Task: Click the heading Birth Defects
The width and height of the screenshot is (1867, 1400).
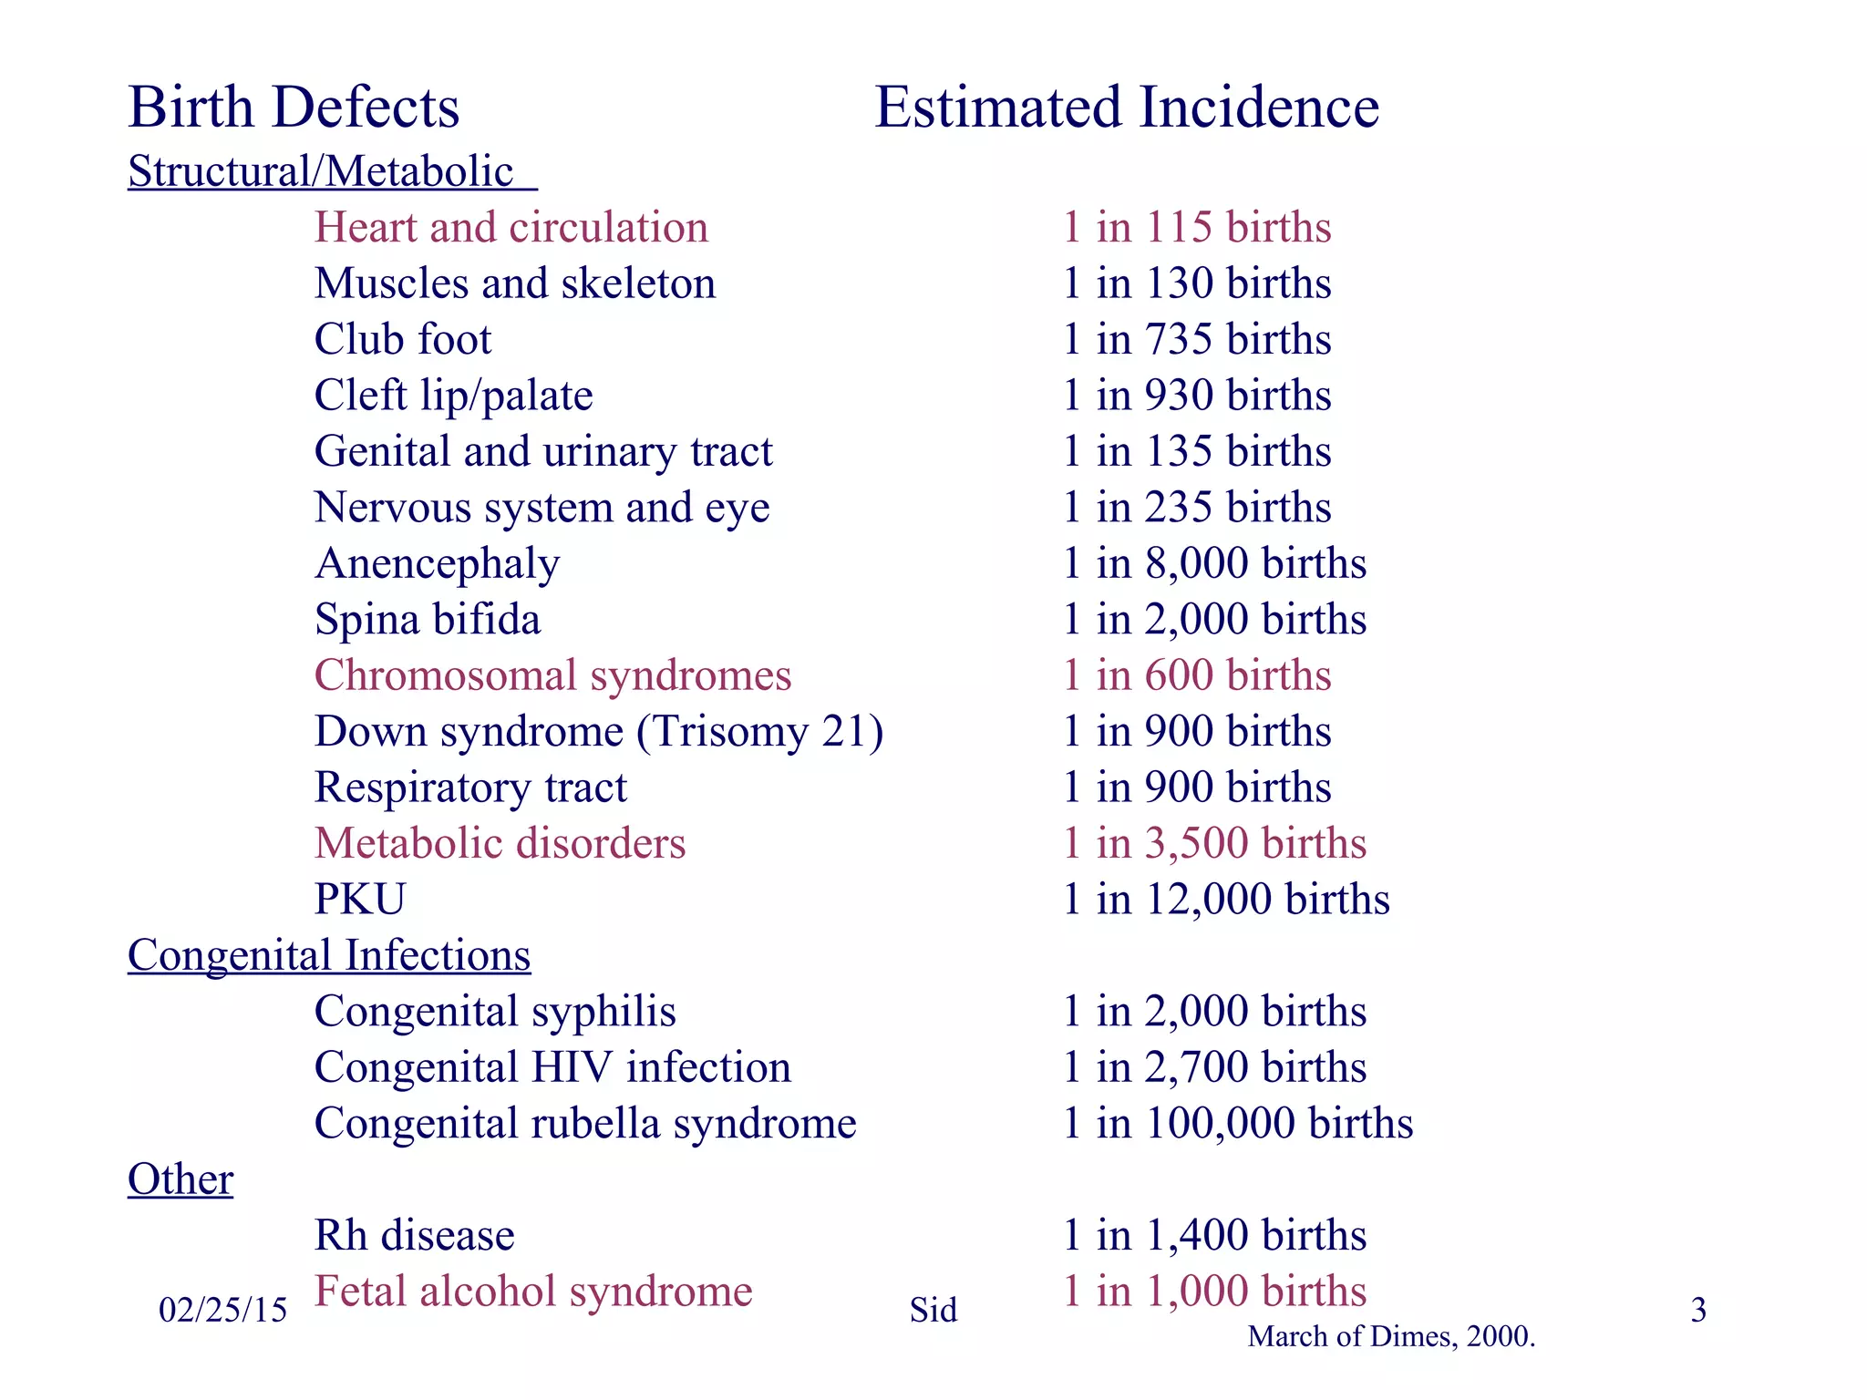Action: coord(294,108)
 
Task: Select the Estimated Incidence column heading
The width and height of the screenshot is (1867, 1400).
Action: coord(1127,108)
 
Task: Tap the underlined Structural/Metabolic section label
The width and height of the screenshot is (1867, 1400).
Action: coord(332,171)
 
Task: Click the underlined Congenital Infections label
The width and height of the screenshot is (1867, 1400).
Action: coord(329,955)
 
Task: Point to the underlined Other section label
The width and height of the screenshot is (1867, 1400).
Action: coord(181,1179)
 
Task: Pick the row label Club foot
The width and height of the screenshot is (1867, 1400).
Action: coord(403,339)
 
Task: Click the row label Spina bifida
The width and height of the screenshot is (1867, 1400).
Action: coord(428,620)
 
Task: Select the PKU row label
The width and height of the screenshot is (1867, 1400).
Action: coord(360,900)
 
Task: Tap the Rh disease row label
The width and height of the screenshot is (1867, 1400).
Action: coord(415,1235)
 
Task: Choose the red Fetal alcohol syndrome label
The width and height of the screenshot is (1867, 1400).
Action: coord(533,1292)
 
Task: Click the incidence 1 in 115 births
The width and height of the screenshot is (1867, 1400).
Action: coord(1197,227)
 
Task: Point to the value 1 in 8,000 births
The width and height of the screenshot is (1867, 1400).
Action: coord(1215,563)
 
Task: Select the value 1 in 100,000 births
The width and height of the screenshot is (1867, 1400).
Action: coord(1238,1123)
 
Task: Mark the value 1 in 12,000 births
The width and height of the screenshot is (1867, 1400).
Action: coord(1226,900)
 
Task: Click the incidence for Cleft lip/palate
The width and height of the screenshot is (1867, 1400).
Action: coord(1197,396)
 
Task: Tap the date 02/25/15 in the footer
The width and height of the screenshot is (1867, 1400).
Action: coord(222,1311)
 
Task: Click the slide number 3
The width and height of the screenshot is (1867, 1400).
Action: coord(1698,1311)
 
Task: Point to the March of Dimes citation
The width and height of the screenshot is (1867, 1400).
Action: coord(1391,1337)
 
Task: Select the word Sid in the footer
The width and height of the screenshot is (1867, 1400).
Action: coord(933,1311)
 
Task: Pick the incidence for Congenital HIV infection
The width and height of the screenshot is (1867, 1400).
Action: coord(1215,1067)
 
